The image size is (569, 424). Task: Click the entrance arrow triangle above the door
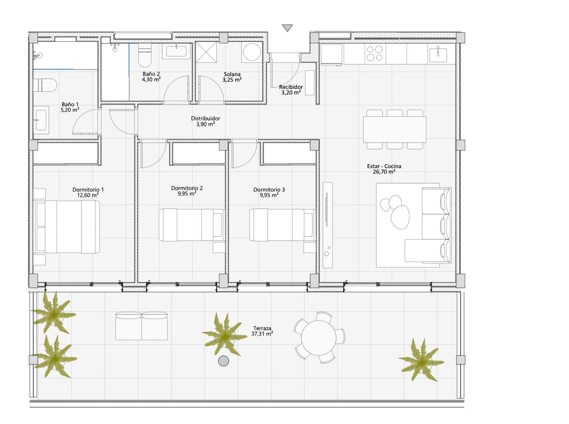287,27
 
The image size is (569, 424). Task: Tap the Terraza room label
262,328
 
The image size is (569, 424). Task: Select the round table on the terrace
319,338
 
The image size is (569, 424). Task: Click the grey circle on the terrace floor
223,361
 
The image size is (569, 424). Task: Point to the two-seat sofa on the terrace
142,326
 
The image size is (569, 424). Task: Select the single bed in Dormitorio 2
191,225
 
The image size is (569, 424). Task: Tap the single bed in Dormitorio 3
282,225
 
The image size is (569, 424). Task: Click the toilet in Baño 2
145,55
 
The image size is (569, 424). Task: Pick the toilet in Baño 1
45,85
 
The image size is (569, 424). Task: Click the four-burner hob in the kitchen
375,53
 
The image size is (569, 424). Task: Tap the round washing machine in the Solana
252,52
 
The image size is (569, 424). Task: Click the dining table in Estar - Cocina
394,129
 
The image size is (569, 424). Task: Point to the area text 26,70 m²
384,172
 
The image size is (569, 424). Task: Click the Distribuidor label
206,118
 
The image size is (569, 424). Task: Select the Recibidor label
291,87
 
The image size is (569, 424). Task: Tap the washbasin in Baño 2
176,51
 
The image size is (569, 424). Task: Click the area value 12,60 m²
88,195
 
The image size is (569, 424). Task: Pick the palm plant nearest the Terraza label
224,334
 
